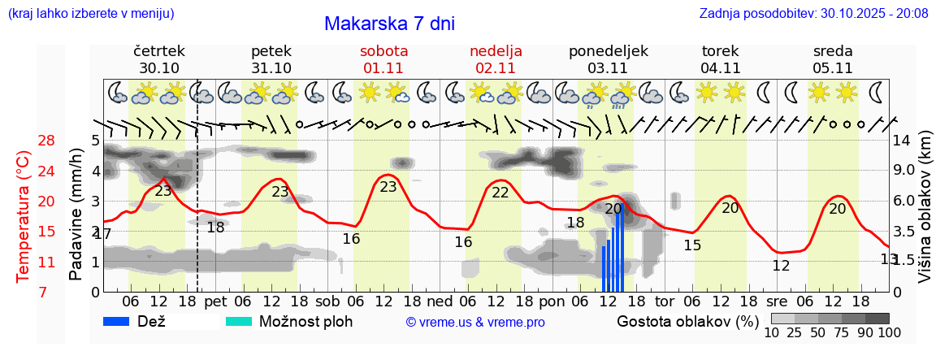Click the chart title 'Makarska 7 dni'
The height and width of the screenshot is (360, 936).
tap(389, 24)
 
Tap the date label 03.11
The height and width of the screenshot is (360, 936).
tap(609, 68)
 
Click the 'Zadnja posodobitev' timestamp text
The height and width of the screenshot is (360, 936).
tap(813, 14)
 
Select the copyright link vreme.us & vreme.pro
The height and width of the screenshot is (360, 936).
tap(475, 323)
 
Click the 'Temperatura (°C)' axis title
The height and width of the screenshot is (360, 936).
tap(24, 216)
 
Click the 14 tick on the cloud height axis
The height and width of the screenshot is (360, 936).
tap(902, 141)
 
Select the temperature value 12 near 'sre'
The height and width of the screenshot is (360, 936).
tap(781, 266)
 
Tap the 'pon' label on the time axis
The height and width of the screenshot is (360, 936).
tap(552, 301)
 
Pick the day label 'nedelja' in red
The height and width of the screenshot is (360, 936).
tap(496, 51)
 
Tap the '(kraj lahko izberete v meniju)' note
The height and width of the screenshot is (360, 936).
tap(90, 14)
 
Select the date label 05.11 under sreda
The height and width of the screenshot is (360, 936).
tap(833, 68)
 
